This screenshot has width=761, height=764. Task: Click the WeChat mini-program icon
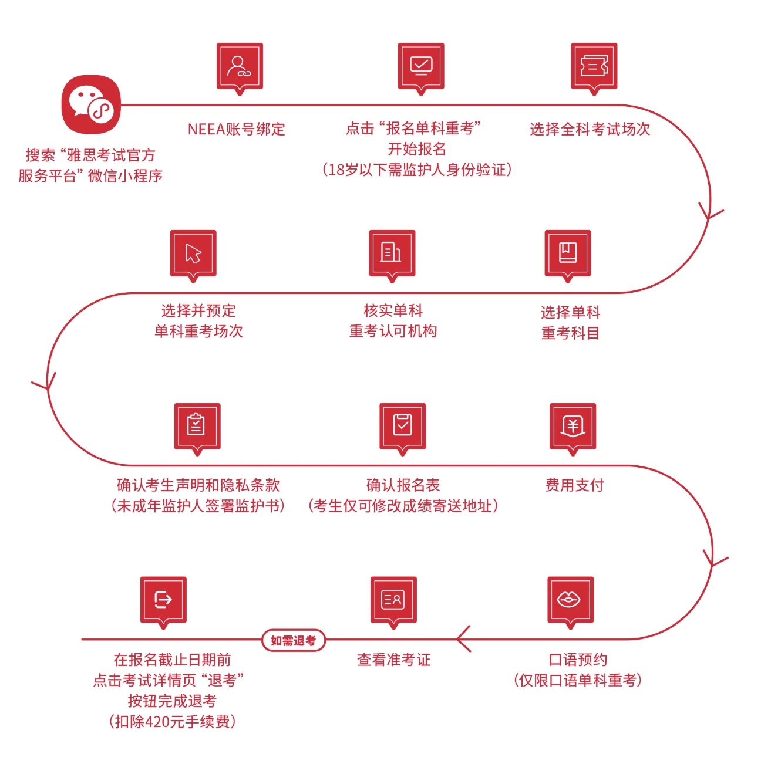pos(91,104)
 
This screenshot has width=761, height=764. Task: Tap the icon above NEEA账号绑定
pos(240,66)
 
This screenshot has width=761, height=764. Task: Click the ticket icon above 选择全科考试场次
pos(594,66)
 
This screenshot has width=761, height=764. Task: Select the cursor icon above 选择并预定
pos(193,253)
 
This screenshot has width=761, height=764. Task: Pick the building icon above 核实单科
pos(392,253)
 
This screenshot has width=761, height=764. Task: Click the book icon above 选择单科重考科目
pos(567,253)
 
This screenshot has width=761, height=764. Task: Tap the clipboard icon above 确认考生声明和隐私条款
pos(197,425)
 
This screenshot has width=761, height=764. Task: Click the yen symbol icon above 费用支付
pos(573,425)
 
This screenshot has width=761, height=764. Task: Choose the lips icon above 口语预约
pos(570,599)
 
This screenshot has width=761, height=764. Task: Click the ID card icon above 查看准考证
pos(393,599)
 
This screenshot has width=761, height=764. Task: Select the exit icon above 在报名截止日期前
pos(163,599)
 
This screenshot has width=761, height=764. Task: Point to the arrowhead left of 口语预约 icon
pos(464,638)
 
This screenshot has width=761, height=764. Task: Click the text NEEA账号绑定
pos(236,129)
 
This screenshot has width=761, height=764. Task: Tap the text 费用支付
pos(574,485)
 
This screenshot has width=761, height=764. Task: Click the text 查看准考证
pos(393,660)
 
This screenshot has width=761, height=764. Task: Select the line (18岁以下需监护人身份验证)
pos(417,170)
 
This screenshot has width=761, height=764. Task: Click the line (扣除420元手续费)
pos(172,722)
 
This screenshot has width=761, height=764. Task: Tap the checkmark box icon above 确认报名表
pos(402,425)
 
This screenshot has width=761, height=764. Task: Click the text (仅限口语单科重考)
pos(578,680)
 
